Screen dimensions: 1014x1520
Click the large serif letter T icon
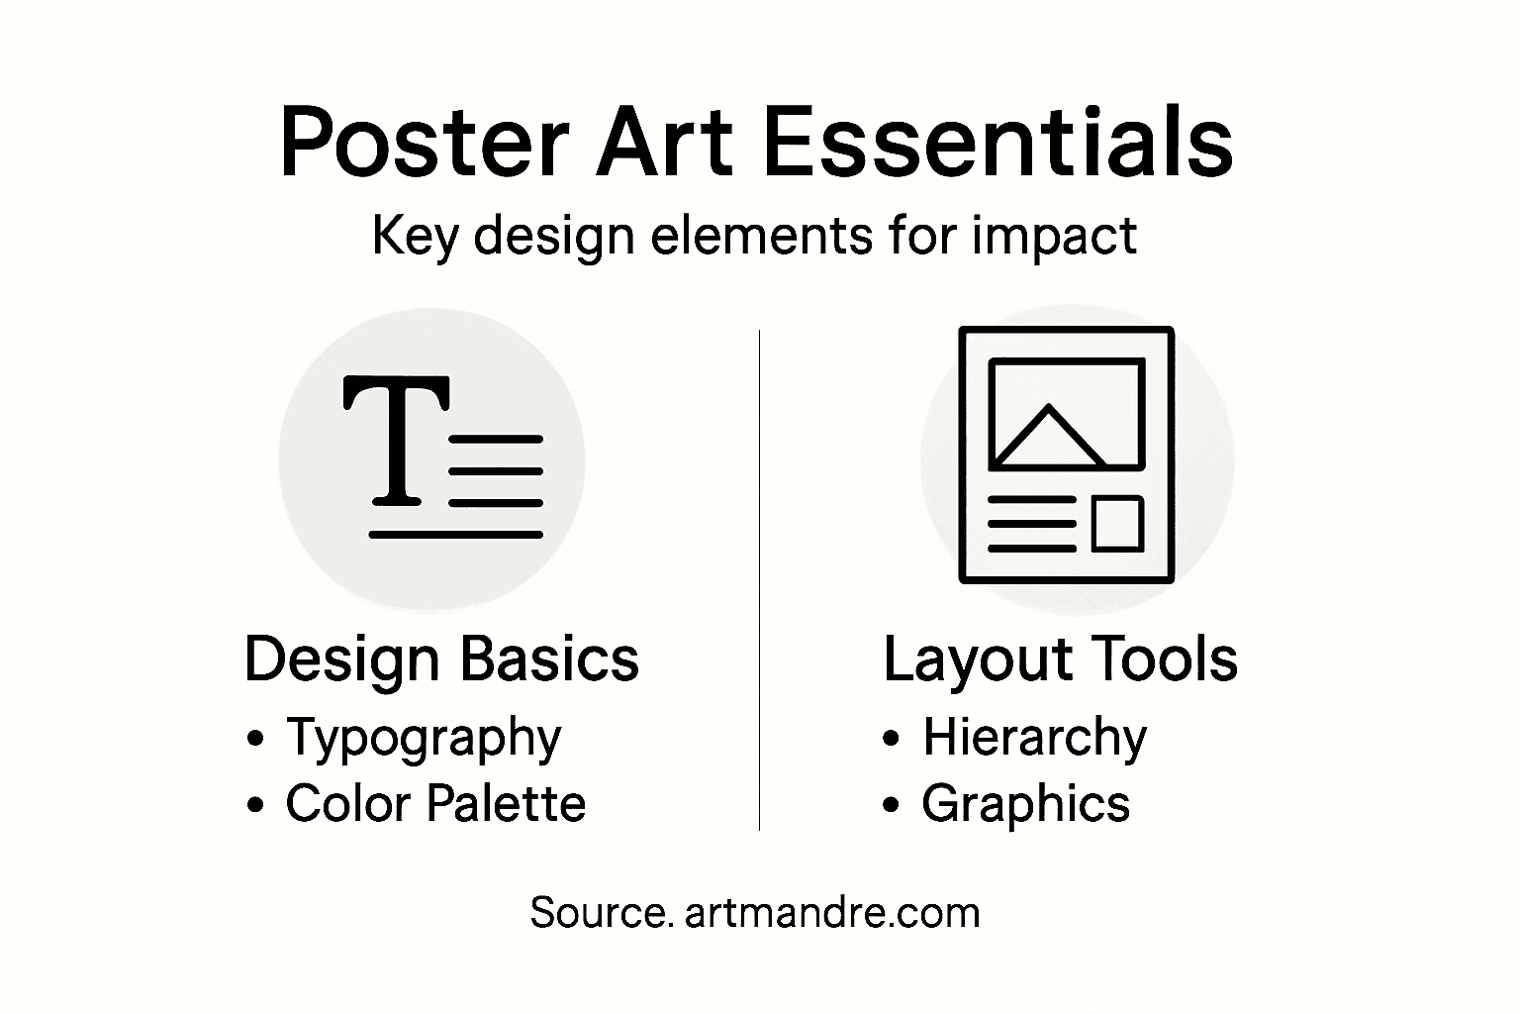395,442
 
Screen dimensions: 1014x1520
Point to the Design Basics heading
441,659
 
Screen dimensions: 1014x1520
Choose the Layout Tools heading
1060,659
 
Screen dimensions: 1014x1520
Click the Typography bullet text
424,738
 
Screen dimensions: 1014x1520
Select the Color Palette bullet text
435,803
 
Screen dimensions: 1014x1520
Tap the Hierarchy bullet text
1034,738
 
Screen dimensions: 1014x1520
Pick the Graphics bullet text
1025,803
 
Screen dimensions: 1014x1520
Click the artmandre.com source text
831,912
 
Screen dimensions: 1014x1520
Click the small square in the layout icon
1117,523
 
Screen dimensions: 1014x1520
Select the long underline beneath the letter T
456,535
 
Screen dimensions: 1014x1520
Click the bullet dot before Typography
257,739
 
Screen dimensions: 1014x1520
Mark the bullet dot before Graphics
893,804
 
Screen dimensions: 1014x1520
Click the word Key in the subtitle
414,237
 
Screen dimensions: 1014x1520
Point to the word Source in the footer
596,912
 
